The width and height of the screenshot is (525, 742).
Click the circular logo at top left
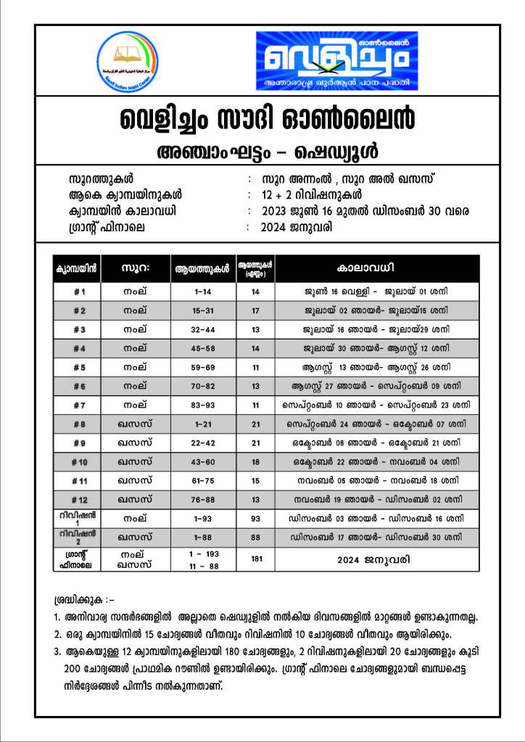tap(127, 62)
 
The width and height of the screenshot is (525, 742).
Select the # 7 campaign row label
tap(80, 405)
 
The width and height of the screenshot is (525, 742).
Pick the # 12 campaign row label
tap(80, 499)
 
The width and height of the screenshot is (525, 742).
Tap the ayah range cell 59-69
tap(202, 367)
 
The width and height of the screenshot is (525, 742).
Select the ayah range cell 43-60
tap(202, 461)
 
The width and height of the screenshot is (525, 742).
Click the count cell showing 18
tap(255, 461)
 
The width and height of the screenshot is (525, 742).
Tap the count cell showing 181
tap(255, 559)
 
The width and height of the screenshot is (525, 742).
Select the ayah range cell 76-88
tap(202, 499)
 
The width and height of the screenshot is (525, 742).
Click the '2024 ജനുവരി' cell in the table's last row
tap(376, 560)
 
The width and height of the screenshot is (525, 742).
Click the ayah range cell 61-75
tap(202, 480)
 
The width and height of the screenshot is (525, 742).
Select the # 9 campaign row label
tap(80, 442)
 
